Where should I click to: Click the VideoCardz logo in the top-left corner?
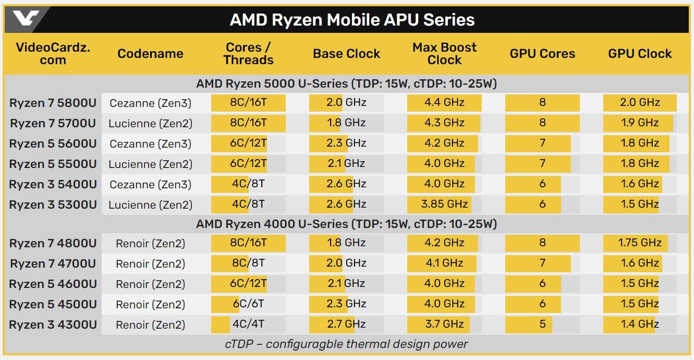25,19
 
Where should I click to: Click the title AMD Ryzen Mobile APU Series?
352,20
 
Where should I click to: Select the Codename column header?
150,54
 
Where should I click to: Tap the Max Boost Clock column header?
444,54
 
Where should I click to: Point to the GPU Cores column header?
542,54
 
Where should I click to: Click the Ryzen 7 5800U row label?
53,103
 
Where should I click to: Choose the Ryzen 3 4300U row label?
53,325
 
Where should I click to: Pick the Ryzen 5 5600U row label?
53,143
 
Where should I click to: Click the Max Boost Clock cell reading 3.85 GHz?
444,204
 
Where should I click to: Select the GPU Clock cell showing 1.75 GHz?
640,243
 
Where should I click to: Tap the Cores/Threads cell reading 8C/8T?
248,263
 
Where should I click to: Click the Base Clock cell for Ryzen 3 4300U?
346,324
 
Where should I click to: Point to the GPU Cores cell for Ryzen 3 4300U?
542,324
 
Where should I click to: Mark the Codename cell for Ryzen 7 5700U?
150,124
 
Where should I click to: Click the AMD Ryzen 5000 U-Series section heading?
346,83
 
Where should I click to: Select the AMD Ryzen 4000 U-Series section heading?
346,224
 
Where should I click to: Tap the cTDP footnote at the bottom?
346,344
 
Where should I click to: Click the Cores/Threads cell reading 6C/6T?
248,304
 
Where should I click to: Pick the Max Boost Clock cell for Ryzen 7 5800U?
444,103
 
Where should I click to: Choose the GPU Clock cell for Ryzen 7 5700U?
640,123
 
